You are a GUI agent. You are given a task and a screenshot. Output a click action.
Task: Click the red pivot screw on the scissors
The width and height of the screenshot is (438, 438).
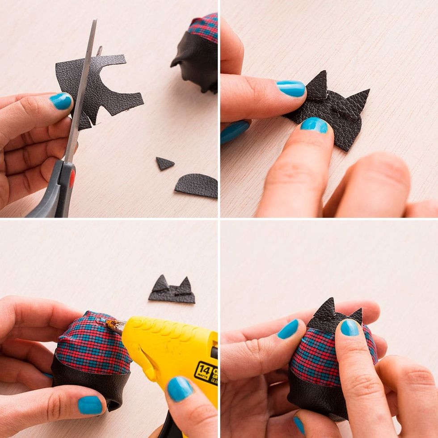[x=72, y=178]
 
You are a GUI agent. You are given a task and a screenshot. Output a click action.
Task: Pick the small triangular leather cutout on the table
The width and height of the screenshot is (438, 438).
[x=164, y=164]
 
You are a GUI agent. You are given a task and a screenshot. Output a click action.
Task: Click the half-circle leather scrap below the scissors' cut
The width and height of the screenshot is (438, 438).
[x=198, y=185]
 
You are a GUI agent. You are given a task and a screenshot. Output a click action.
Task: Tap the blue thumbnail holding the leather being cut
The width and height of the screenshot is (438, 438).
[x=61, y=101]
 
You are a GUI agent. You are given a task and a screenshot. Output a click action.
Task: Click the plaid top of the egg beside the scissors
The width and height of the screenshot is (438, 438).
[x=203, y=27]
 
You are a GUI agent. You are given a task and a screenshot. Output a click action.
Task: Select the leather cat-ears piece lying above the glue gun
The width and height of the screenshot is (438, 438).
[x=172, y=291]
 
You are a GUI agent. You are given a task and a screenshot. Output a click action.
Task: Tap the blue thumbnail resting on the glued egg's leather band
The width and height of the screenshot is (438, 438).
[x=90, y=405]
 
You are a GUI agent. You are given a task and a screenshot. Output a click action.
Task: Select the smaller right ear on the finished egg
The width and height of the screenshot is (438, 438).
[x=357, y=315]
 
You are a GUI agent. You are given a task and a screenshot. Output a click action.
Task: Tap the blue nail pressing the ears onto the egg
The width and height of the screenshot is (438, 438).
[x=349, y=327]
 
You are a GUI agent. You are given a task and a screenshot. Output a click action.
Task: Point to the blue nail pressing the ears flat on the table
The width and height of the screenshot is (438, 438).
[x=314, y=125]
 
